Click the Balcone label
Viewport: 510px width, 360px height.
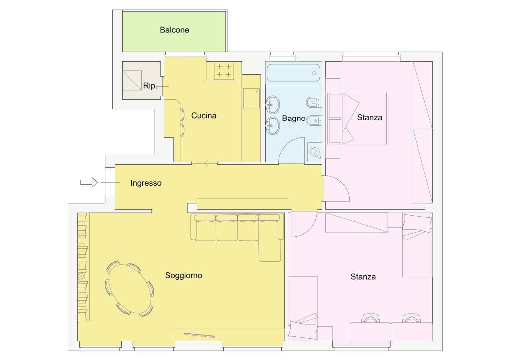174,30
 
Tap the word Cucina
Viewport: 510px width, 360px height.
204,115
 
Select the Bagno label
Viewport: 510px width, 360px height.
294,118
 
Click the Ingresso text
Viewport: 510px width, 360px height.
146,183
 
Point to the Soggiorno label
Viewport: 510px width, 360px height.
184,275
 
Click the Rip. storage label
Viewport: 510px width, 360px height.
150,86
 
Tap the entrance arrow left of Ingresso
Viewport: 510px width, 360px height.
89,182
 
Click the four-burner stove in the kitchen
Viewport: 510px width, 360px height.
224,71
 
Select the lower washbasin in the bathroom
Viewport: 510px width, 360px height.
272,125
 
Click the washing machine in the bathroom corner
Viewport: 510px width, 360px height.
315,152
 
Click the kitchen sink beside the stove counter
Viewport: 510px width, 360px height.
252,98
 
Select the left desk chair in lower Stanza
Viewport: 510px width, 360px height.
371,318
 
